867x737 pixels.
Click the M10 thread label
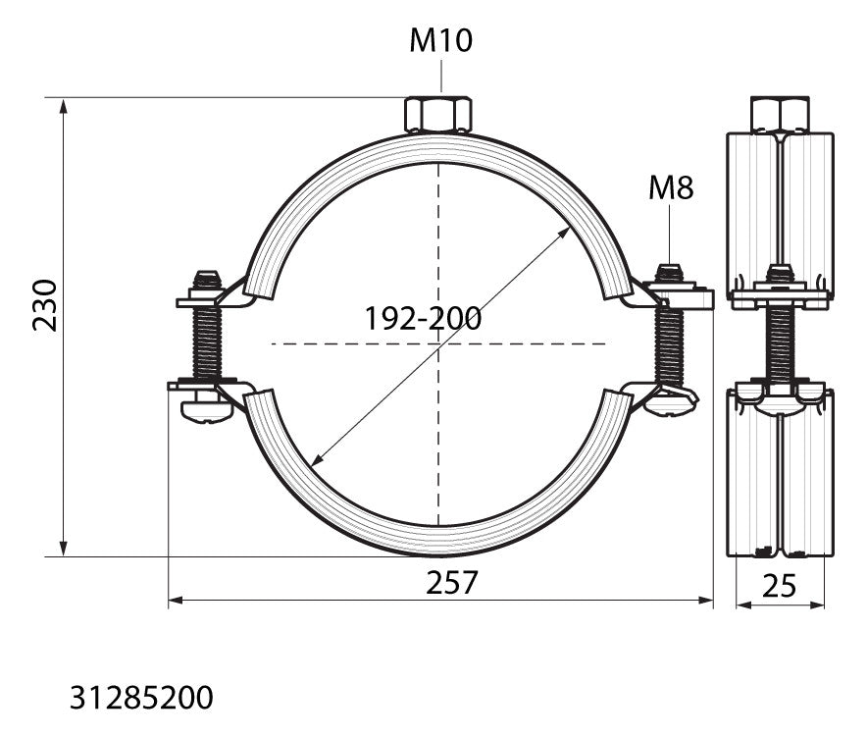point(440,40)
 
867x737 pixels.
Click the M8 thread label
point(670,187)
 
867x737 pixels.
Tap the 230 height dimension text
point(45,305)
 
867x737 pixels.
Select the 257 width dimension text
point(451,582)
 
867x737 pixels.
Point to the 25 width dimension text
point(779,586)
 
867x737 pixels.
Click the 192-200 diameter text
point(423,319)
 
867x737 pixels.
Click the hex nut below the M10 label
point(438,115)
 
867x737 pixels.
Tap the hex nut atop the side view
point(780,114)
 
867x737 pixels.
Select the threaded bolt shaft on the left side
point(207,343)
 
